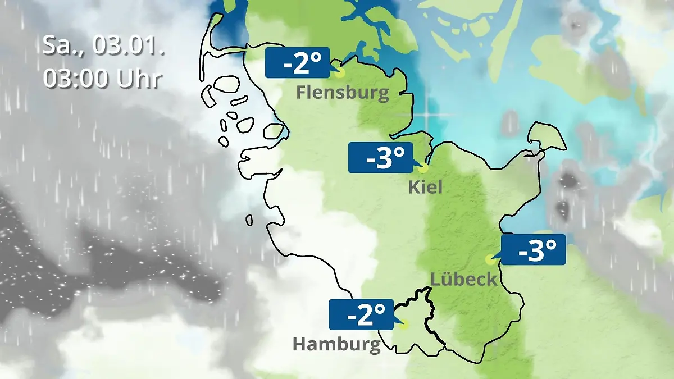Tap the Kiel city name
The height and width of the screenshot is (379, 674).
(x=425, y=186)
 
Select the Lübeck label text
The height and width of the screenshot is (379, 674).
(x=463, y=278)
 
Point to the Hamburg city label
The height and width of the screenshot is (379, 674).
(x=336, y=344)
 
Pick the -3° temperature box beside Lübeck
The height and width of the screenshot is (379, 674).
(x=532, y=250)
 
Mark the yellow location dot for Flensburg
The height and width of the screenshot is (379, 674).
(x=338, y=72)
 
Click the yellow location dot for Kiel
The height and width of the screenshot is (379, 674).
(x=423, y=167)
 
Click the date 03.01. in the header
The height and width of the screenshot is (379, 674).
(x=128, y=45)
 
